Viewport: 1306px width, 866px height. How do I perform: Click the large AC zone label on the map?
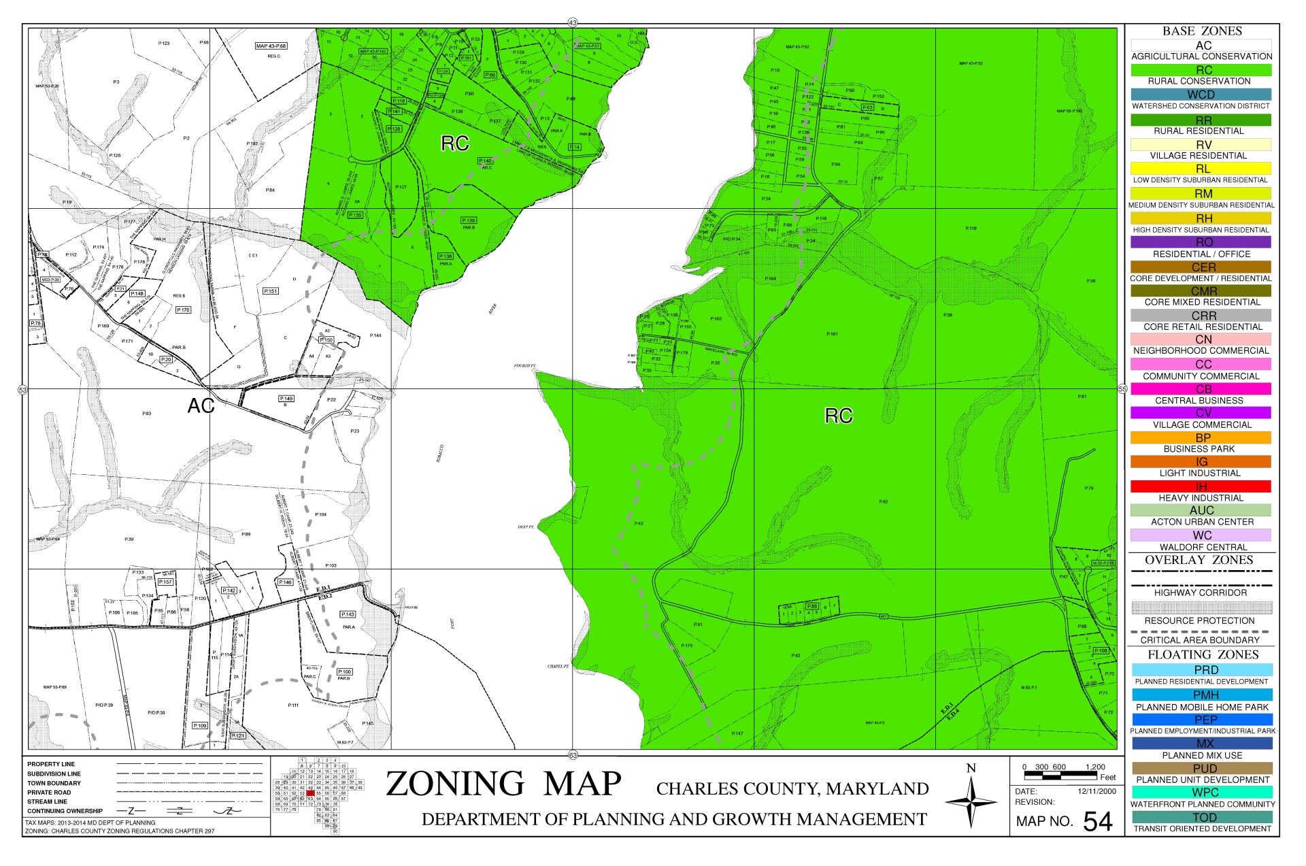coord(201,406)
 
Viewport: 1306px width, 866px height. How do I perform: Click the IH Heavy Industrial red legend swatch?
coord(1201,486)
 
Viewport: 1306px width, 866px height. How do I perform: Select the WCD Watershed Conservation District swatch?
coord(1201,94)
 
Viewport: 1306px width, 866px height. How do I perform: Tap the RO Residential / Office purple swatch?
coord(1201,242)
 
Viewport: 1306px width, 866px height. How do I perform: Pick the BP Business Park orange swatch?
coord(1201,437)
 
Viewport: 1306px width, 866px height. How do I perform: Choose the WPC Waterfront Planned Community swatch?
coord(1201,793)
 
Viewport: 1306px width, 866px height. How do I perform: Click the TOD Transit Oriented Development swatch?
coord(1201,817)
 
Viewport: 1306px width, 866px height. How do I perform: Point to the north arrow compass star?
coord(971,802)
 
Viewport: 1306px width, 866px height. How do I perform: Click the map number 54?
coord(1097,822)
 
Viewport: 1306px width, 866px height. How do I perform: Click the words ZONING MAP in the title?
coord(504,784)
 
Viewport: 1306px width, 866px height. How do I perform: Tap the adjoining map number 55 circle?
coord(1122,389)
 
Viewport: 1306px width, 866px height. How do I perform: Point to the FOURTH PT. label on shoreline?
coord(525,366)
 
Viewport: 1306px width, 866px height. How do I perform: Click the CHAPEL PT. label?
coord(558,667)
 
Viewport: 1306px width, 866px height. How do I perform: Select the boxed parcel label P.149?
coord(286,398)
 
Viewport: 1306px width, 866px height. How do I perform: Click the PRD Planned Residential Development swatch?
coord(1201,670)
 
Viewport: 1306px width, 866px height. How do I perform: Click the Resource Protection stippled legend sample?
coord(1201,607)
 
